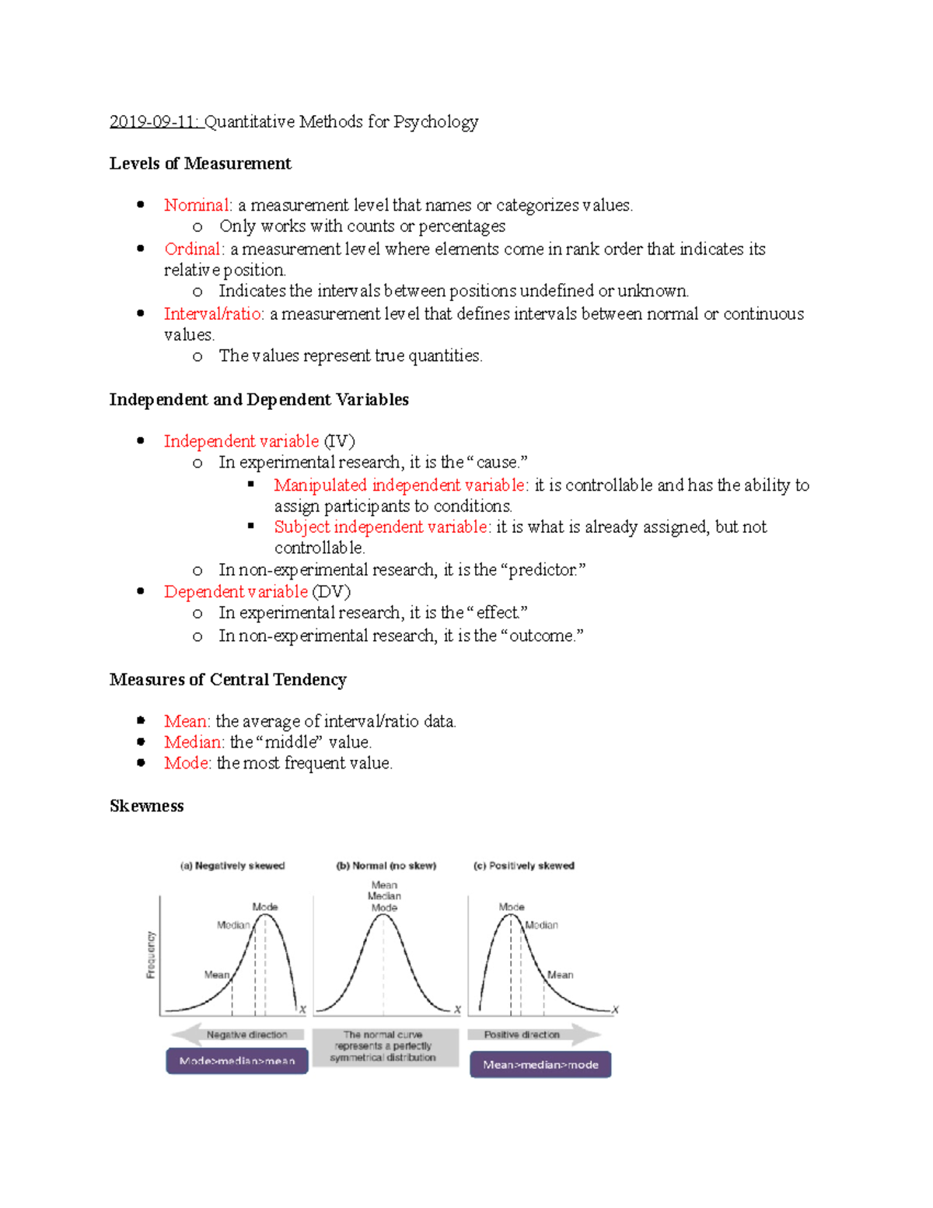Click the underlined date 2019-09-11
155,122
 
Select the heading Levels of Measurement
200,163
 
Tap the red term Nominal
197,205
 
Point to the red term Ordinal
193,249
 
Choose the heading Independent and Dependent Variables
259,400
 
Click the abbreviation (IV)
339,441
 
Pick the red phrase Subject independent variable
381,527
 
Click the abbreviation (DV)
331,592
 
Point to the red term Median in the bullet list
192,742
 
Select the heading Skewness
146,806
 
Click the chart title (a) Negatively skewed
232,866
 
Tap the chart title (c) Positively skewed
524,866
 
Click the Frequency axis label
151,954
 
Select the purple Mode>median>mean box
237,1061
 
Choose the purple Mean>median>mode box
540,1065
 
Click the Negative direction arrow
237,1035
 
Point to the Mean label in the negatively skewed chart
216,975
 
